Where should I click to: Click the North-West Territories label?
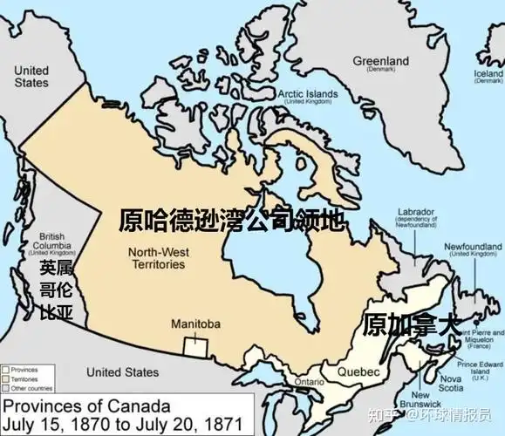[156, 258]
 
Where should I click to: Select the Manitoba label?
[195, 324]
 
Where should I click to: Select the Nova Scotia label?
[451, 384]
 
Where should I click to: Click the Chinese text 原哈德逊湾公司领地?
[232, 219]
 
